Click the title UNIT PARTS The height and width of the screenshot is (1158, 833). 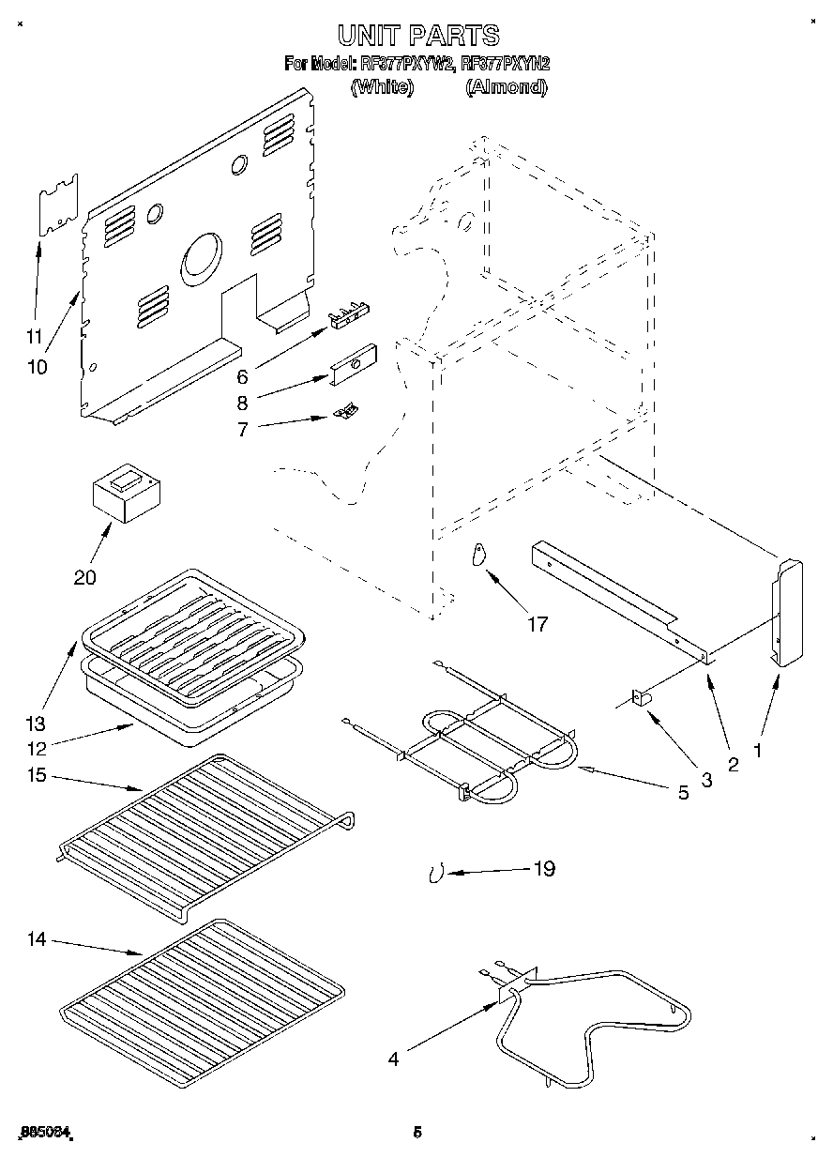point(417,36)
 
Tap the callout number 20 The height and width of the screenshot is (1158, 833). point(84,577)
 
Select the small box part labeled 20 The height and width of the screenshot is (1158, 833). point(127,495)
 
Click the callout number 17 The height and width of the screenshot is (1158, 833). point(537,624)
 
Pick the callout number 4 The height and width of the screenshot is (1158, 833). point(393,1059)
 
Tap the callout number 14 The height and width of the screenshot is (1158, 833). point(37,939)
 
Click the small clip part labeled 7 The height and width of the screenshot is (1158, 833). point(346,410)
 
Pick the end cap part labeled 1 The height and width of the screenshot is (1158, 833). point(786,610)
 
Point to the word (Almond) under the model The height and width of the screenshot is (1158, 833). point(506,87)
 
